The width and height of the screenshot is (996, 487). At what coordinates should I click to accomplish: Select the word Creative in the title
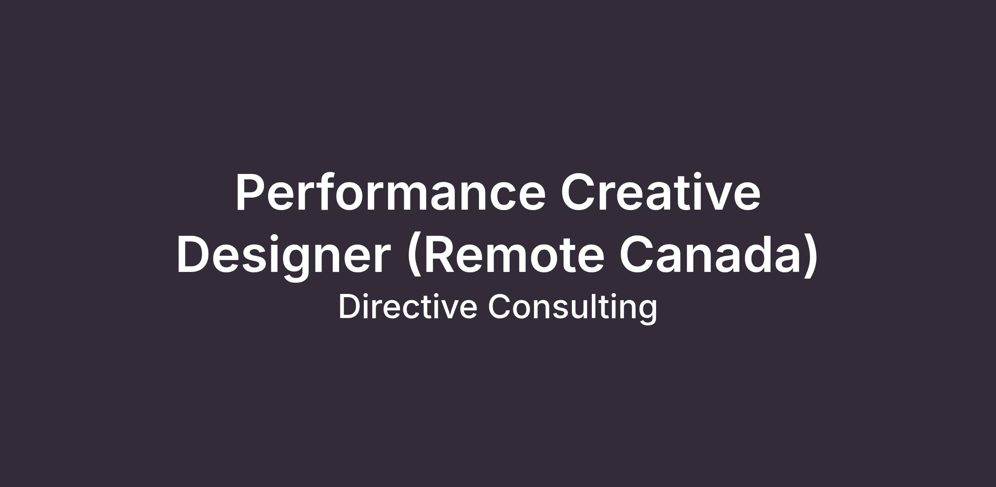(x=661, y=192)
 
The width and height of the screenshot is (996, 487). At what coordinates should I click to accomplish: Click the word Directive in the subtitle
(x=408, y=307)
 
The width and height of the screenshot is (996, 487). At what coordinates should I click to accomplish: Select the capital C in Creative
(x=579, y=192)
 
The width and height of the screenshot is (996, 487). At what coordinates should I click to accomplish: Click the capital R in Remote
(x=441, y=255)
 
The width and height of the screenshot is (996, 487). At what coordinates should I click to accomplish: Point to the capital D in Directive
(x=349, y=307)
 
